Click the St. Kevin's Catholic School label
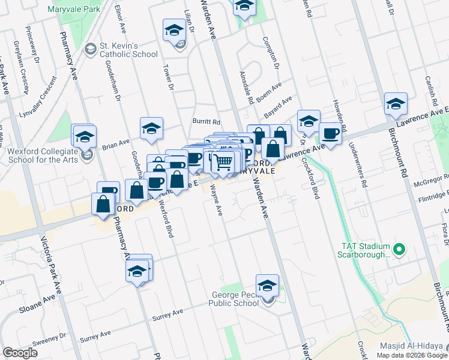(x=128, y=50)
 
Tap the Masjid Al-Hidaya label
(x=414, y=347)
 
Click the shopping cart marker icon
(x=223, y=161)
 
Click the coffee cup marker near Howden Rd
(x=330, y=133)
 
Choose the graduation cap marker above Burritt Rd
(x=151, y=127)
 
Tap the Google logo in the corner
(x=20, y=353)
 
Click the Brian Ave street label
(x=116, y=144)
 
